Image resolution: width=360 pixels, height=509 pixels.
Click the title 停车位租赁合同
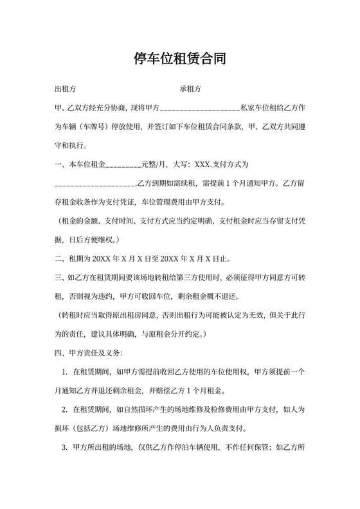click(179, 60)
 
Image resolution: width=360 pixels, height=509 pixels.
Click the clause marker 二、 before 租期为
click(60, 259)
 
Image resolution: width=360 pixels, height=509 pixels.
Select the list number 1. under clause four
click(65, 372)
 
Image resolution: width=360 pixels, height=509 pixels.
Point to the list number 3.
click(65, 448)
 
